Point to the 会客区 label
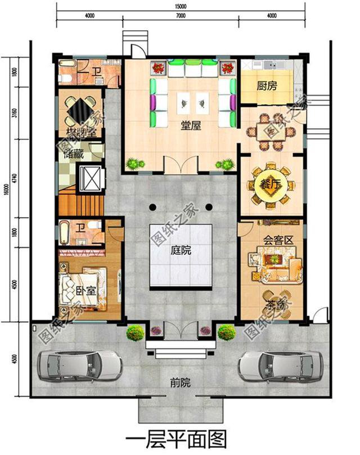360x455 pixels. point(279,240)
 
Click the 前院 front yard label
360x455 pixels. point(180,383)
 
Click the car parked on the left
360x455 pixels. point(79,366)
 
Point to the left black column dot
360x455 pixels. point(152,207)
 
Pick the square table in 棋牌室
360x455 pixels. point(79,109)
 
